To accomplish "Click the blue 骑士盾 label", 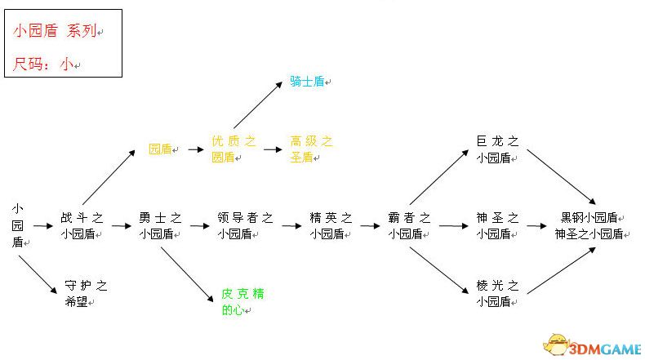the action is point(307,81).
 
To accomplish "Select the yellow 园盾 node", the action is point(160,149).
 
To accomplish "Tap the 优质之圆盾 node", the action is point(234,149).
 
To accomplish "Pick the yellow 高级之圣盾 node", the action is point(311,149).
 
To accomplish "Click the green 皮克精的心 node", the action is point(242,301).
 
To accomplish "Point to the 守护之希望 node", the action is point(86,294).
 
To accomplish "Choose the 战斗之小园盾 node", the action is point(82,225).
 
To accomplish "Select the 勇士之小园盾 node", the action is point(160,225).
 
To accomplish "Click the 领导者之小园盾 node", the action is point(245,225).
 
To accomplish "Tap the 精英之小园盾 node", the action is point(331,225).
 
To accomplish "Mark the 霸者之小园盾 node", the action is point(409,225).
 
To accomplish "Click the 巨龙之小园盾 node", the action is point(497,149).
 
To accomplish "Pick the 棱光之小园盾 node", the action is point(497,293).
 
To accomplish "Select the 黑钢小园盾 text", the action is point(589,218).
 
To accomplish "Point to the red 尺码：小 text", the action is point(43,64).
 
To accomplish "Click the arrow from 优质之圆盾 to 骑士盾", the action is point(258,105).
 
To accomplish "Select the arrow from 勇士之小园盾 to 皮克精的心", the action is point(187,274).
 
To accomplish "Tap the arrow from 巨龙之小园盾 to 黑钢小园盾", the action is point(561,177).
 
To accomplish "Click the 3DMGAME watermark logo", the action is point(593,344).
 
